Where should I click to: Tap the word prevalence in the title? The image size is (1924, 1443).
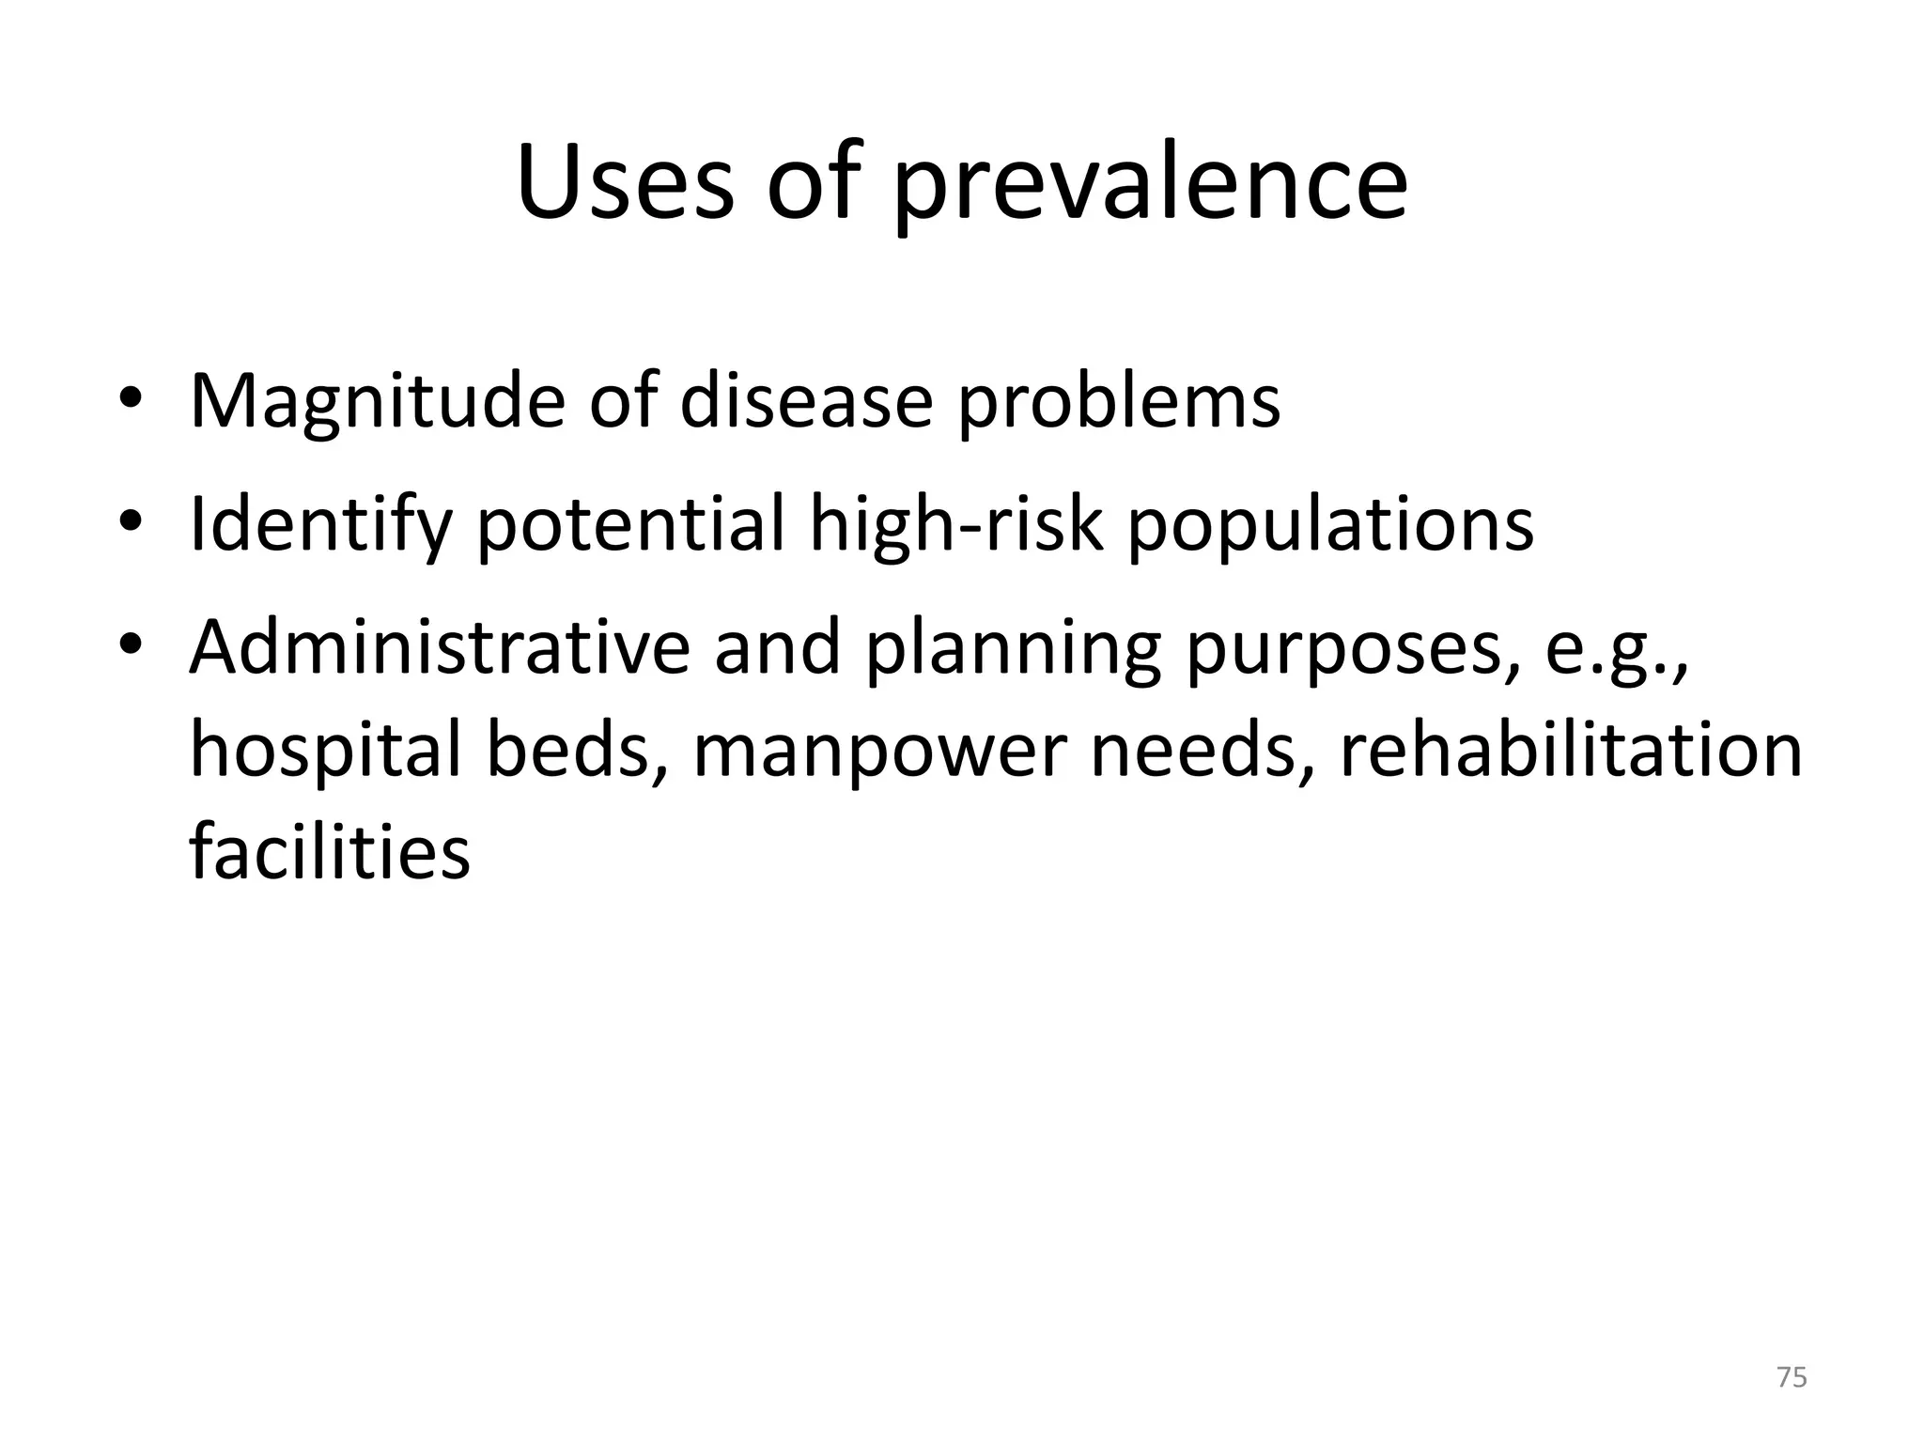(x=1150, y=188)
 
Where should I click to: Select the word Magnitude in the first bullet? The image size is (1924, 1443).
(x=377, y=402)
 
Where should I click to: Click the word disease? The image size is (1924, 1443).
(x=806, y=402)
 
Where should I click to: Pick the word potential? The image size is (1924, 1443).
(x=630, y=526)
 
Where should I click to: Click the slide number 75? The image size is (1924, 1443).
(x=1792, y=1377)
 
